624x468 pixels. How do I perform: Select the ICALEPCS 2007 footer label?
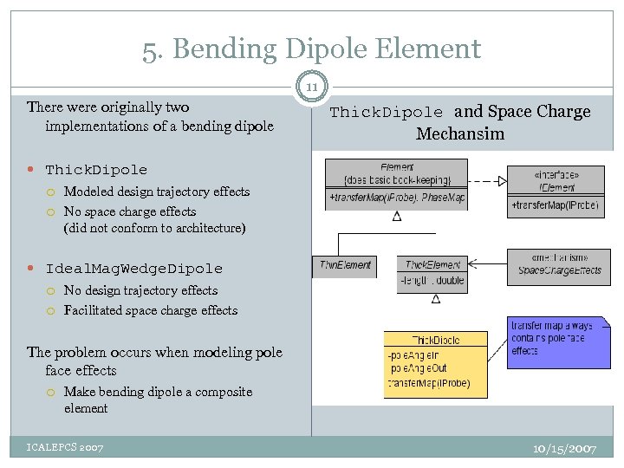[x=65, y=447]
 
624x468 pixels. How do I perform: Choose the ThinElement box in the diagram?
[x=345, y=265]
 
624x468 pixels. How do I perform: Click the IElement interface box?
[x=556, y=192]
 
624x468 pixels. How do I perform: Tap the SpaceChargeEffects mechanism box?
[x=559, y=264]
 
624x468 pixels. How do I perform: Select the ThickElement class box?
[x=433, y=272]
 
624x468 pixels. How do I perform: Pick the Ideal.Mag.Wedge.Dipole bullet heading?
[x=133, y=269]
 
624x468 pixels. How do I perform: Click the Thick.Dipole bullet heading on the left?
[x=96, y=170]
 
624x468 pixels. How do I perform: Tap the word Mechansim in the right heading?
[x=459, y=133]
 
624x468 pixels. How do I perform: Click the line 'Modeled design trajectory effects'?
[x=156, y=192]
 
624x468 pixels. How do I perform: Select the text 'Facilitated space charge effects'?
[x=150, y=310]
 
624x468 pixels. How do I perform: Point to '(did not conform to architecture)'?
[x=154, y=229]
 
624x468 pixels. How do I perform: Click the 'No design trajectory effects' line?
[x=140, y=290]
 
